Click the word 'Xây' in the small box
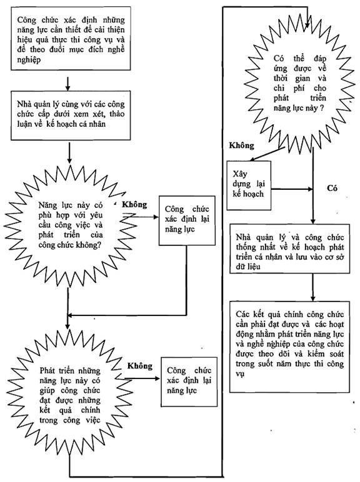point(240,174)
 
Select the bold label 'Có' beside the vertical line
point(332,188)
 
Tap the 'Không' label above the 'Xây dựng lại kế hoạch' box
point(241,145)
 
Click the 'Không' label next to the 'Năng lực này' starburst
point(134,204)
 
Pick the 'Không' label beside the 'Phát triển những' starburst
point(140,366)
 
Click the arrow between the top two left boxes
point(67,83)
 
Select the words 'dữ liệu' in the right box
point(248,267)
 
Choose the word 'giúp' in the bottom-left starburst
point(47,391)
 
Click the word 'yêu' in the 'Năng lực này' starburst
point(96,215)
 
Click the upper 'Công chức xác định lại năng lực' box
point(187,220)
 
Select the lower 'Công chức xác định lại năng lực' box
point(189,381)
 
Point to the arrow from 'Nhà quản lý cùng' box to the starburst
point(69,152)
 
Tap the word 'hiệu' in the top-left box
point(24,40)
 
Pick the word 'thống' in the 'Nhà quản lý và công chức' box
point(246,247)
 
